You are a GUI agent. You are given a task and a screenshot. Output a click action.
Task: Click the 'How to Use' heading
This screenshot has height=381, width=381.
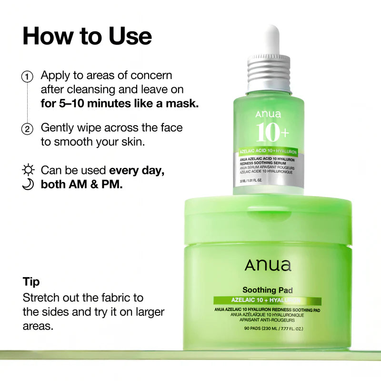(87, 36)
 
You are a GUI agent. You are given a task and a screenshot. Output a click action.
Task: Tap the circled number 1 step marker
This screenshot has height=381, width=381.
(28, 76)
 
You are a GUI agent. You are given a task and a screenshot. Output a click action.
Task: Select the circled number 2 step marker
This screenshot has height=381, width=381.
(28, 129)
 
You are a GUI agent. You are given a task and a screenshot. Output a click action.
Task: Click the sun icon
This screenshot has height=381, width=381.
(28, 170)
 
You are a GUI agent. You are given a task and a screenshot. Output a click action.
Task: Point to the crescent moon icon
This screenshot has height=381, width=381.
(28, 185)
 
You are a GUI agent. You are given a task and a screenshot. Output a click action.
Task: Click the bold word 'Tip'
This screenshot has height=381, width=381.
(31, 282)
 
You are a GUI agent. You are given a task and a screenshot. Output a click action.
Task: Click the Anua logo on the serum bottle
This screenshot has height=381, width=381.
(268, 114)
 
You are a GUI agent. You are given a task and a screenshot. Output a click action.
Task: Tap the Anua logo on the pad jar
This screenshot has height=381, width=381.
(268, 266)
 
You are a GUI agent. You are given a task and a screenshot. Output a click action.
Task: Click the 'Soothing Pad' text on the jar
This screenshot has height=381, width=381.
(267, 290)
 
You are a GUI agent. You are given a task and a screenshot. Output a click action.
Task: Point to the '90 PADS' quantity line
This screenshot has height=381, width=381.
(267, 329)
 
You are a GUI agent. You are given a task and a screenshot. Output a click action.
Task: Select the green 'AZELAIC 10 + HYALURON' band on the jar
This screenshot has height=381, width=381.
(267, 301)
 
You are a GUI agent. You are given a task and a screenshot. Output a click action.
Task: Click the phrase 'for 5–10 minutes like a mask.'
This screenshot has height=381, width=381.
(120, 103)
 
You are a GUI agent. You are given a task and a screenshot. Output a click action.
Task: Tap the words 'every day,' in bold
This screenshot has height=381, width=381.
(137, 170)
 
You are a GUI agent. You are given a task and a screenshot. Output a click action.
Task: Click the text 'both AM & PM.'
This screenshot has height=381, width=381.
(82, 185)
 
